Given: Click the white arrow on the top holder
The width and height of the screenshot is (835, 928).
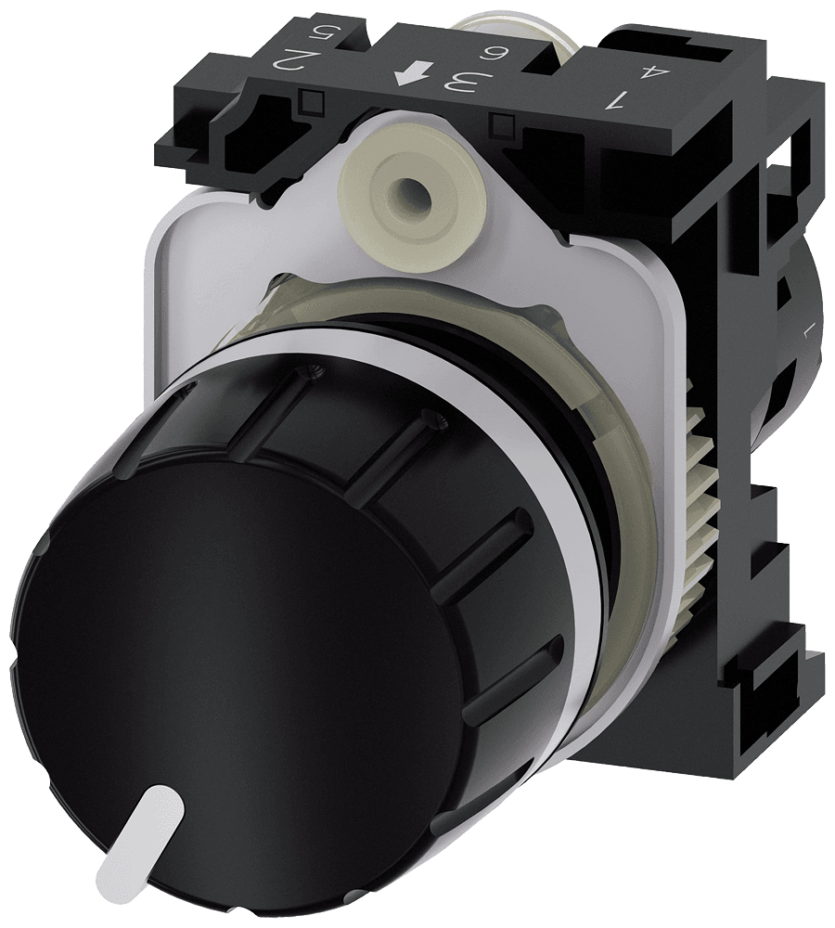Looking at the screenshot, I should (405, 73).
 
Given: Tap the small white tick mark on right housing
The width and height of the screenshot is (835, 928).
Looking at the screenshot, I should (806, 329).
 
